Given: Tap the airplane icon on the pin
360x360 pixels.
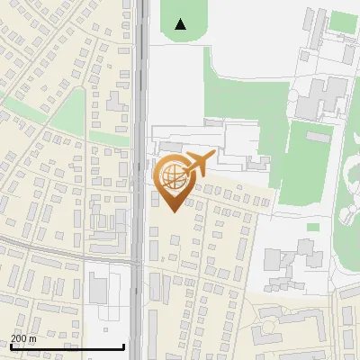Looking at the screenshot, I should coord(196,164).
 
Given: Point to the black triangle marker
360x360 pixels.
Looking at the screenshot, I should coord(181,24).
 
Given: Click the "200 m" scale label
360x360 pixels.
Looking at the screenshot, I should coord(23,338).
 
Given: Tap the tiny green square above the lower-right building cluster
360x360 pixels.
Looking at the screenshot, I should coord(313,227).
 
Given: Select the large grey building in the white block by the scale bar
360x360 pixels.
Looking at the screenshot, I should coord(97,289).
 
